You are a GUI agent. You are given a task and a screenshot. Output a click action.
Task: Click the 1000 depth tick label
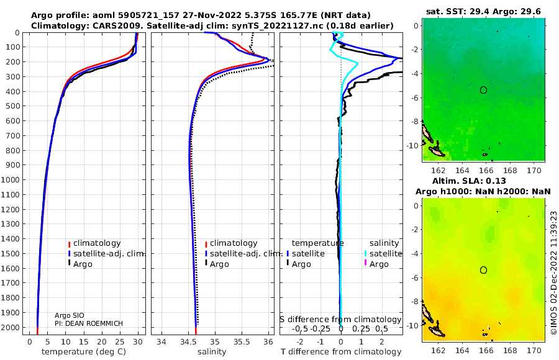coord(11,179)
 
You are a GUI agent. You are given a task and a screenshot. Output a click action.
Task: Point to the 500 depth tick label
coord(13,106)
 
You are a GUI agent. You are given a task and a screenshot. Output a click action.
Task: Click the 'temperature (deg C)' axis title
coord(84,352)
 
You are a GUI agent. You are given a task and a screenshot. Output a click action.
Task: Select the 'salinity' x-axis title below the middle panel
coord(212,352)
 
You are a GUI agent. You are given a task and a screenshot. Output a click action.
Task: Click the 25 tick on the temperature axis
coord(120,342)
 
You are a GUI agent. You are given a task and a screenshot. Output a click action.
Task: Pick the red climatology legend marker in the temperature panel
coord(69,244)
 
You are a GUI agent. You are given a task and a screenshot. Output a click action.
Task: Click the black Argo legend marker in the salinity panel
coord(206,263)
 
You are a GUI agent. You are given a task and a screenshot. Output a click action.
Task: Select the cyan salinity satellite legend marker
coord(365,253)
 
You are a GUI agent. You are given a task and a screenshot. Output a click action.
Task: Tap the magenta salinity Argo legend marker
coord(365,263)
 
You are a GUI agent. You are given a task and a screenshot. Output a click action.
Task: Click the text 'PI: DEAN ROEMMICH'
coord(88,323)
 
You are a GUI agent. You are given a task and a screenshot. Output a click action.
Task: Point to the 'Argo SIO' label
coord(69,315)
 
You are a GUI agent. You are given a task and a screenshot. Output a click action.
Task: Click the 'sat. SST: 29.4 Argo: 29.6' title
coord(483,11)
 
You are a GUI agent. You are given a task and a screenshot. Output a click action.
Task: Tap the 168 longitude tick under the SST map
coord(510,170)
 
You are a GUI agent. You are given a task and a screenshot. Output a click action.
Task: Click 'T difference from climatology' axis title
coord(341,352)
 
